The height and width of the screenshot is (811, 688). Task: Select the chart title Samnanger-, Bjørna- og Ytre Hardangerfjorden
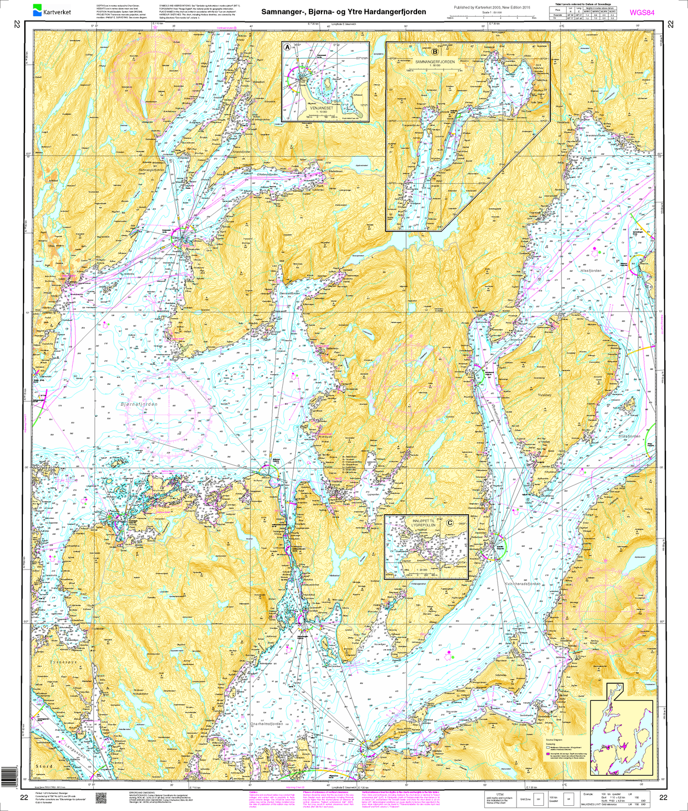tap(343, 11)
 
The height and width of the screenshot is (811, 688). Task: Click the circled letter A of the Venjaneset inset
tap(287, 47)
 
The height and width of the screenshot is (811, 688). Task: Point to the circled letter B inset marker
tap(435, 51)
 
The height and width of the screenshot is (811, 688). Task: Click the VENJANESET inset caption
tap(322, 108)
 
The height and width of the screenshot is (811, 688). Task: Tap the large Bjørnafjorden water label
tap(139, 404)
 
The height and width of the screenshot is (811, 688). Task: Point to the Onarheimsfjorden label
tap(267, 724)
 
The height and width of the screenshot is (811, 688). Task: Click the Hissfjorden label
tap(591, 270)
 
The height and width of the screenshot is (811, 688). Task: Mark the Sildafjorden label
tap(629, 436)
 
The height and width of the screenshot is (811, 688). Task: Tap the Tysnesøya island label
tap(63, 662)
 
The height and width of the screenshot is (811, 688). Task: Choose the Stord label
tap(44, 766)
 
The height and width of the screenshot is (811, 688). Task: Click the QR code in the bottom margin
tap(100, 798)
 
